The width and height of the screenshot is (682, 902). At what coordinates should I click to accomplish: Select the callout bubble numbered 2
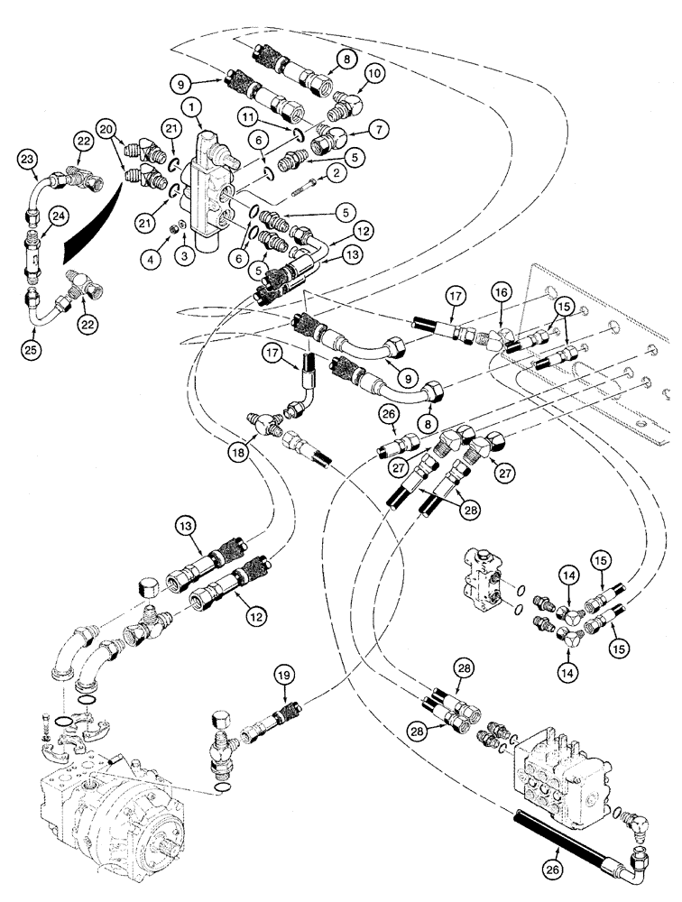[335, 171]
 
